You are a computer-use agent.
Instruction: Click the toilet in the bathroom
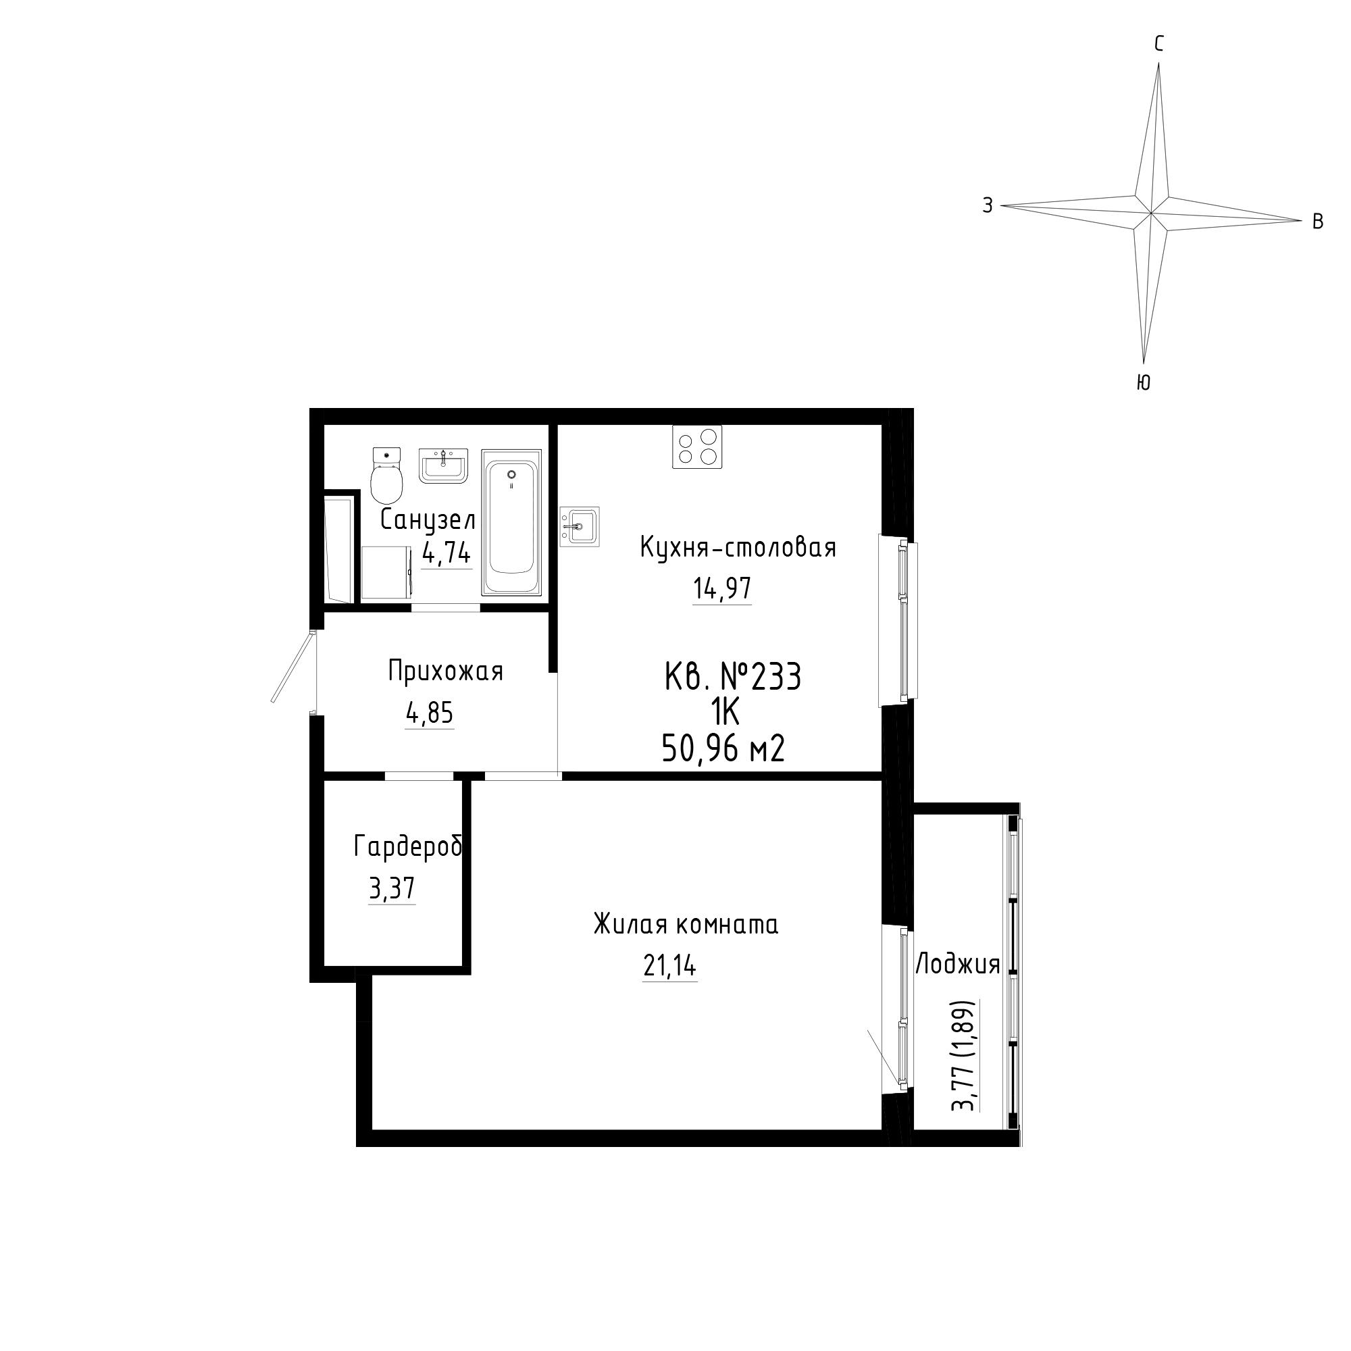click(386, 475)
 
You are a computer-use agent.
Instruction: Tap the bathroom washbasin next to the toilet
click(442, 465)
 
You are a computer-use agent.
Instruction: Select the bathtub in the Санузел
click(511, 522)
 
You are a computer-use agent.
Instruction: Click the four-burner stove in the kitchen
click(697, 446)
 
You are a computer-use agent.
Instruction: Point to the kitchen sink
click(580, 526)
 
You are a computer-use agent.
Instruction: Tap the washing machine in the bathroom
click(388, 573)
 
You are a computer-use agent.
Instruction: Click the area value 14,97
click(722, 588)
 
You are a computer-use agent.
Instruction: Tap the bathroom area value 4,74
click(447, 554)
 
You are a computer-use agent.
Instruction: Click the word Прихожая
click(445, 671)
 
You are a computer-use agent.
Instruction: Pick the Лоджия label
click(958, 965)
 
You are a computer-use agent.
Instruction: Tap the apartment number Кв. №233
click(732, 677)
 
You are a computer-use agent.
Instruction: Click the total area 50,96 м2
click(723, 749)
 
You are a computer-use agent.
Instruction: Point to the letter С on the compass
click(1158, 45)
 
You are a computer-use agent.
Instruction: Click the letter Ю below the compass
click(1144, 382)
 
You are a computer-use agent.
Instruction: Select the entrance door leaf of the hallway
click(292, 667)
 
